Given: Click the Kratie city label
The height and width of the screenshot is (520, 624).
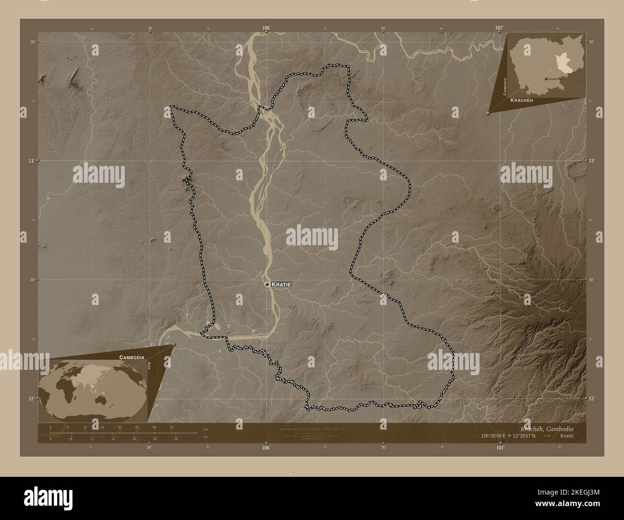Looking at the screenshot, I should click(281, 284).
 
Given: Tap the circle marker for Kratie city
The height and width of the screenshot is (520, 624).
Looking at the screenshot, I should click(267, 284).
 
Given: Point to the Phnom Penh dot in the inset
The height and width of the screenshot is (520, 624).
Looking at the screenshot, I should click(546, 78).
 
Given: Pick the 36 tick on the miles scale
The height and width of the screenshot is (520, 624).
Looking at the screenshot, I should click(176, 438).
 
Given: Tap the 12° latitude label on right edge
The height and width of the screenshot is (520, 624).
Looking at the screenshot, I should click(592, 399).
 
